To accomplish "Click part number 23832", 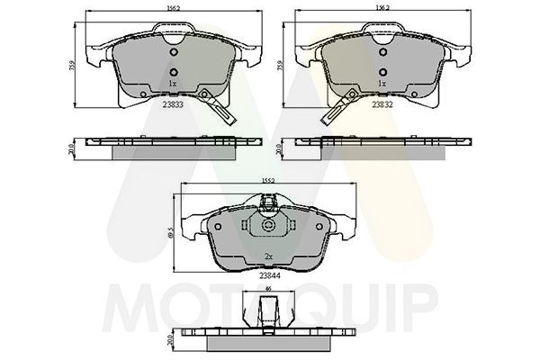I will (x=382, y=103).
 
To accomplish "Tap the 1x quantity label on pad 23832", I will (x=382, y=83).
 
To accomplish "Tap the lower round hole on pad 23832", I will (x=382, y=71).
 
